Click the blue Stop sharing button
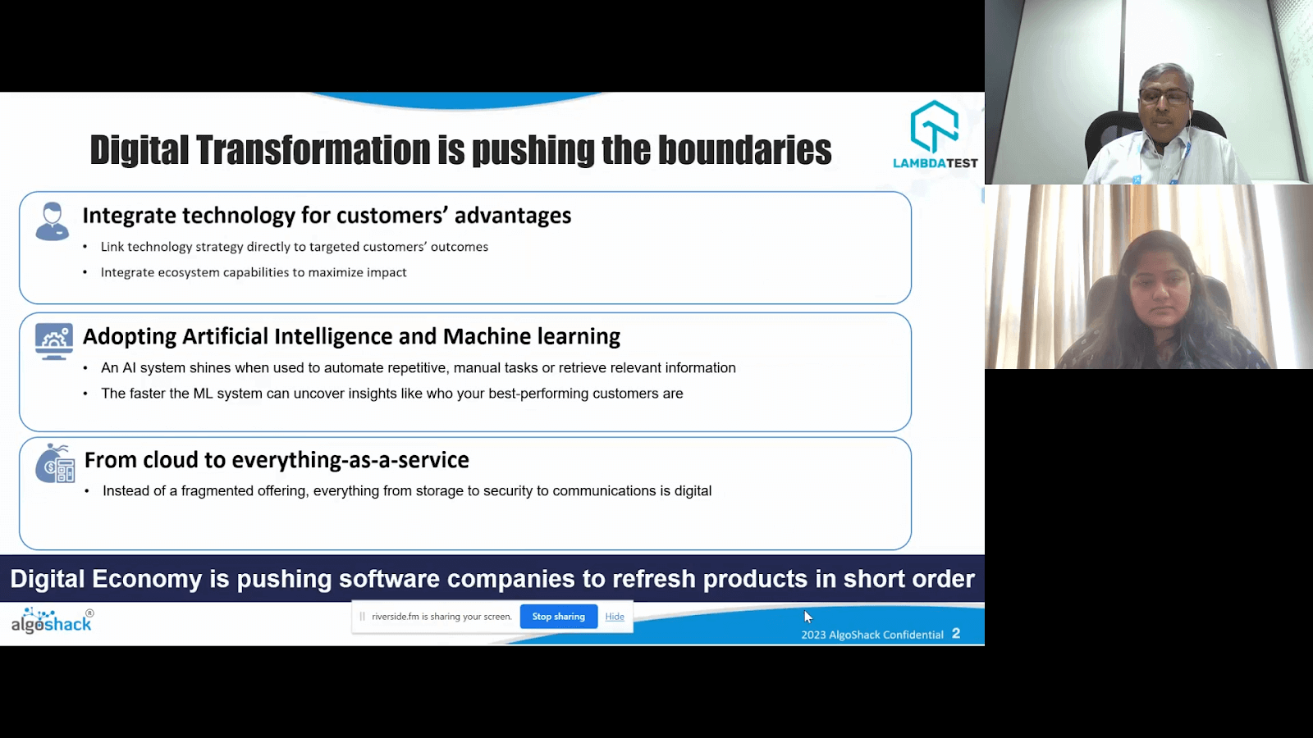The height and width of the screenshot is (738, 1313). click(x=558, y=617)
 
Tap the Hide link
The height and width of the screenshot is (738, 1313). click(x=615, y=617)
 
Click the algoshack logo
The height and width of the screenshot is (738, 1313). click(x=52, y=621)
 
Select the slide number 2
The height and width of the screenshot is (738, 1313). click(x=956, y=634)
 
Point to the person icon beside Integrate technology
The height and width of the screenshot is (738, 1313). click(x=53, y=221)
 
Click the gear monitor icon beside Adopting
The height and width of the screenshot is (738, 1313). click(x=54, y=341)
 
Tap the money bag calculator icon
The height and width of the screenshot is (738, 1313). click(x=55, y=463)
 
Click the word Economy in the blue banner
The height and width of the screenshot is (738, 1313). click(x=147, y=579)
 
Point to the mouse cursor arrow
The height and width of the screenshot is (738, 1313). click(x=807, y=616)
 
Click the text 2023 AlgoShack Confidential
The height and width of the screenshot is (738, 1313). click(x=872, y=635)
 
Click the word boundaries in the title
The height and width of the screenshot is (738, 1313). click(x=744, y=150)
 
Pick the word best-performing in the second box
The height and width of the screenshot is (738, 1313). click(x=538, y=394)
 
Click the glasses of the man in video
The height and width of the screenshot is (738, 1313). click(x=1164, y=97)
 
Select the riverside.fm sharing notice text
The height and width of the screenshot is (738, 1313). click(x=441, y=617)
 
